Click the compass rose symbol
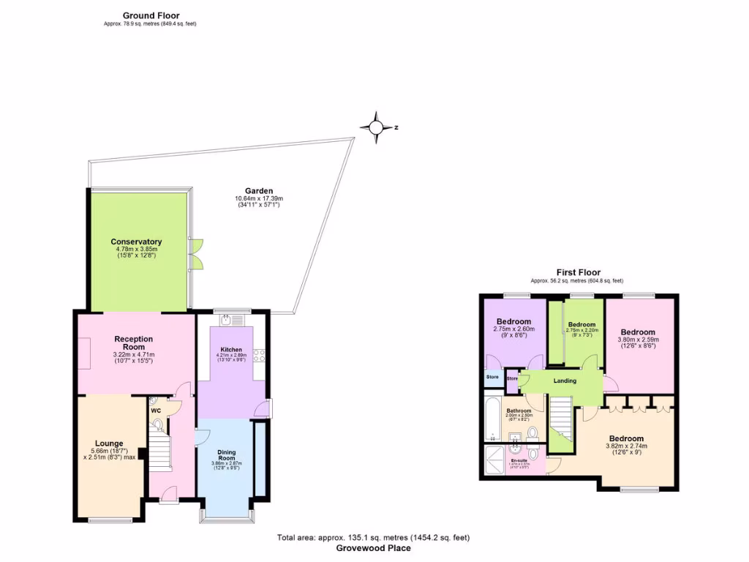pyautogui.click(x=376, y=128)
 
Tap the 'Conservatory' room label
pyautogui.click(x=136, y=241)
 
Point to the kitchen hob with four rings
pyautogui.click(x=259, y=356)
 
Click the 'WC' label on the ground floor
pyautogui.click(x=156, y=411)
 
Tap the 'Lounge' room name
pyautogui.click(x=109, y=443)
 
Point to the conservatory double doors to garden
pyautogui.click(x=196, y=253)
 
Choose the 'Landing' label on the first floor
pyautogui.click(x=565, y=381)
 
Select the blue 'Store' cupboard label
pyautogui.click(x=491, y=378)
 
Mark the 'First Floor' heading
pyautogui.click(x=577, y=272)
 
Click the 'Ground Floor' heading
pyautogui.click(x=151, y=15)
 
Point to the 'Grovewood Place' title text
pyautogui.click(x=373, y=548)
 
